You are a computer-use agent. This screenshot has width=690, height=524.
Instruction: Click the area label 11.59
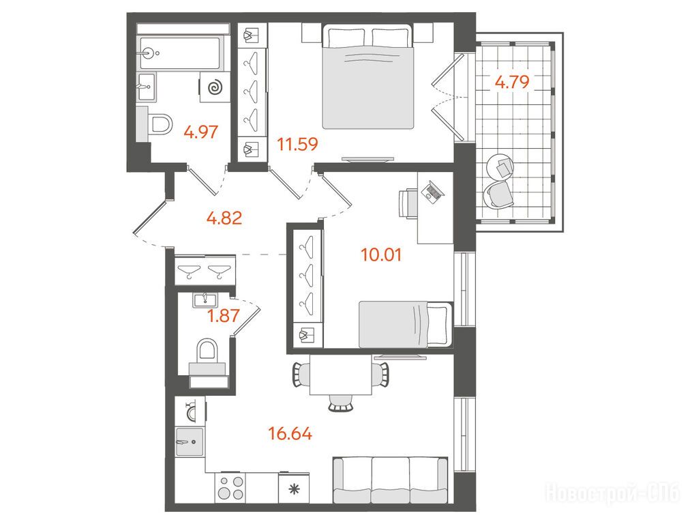[x=297, y=144]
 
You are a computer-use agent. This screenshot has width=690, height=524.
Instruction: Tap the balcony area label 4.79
[x=512, y=82]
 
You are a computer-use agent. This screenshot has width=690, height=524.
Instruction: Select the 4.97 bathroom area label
[x=201, y=132]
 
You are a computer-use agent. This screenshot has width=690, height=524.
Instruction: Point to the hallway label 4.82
[x=224, y=218]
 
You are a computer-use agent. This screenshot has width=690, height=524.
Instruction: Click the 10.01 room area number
[x=381, y=255]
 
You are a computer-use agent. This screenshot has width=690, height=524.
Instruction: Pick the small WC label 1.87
[x=224, y=316]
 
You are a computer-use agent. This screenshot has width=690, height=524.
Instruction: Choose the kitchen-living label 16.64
[x=290, y=434]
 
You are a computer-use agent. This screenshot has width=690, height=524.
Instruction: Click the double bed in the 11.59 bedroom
[x=368, y=76]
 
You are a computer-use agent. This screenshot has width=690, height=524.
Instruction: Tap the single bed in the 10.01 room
[x=406, y=325]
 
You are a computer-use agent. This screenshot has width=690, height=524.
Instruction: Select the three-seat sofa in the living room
[x=390, y=480]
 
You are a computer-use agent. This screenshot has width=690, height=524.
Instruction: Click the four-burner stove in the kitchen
[x=231, y=487]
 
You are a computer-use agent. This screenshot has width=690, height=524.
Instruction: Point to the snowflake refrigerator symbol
[x=293, y=489]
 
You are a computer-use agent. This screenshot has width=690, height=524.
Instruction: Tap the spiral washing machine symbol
[x=215, y=87]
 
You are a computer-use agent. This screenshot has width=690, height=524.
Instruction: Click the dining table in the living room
[x=341, y=375]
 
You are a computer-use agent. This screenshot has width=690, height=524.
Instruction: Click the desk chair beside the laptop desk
[x=408, y=203]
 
